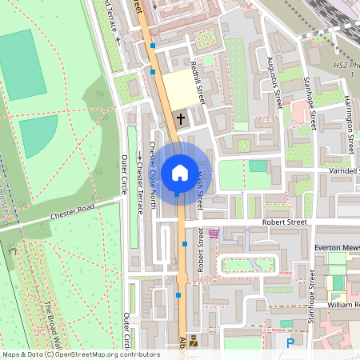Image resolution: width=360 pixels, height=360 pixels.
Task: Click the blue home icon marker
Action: coord(179,172)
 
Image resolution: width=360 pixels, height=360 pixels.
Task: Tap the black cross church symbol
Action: coord(181,119)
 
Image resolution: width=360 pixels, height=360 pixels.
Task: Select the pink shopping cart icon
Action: coord(214,234)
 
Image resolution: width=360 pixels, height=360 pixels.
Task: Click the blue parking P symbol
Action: coord(290,342)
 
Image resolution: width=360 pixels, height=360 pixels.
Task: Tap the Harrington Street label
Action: coord(349,125)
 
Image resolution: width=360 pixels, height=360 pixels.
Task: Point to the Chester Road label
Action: coord(72,211)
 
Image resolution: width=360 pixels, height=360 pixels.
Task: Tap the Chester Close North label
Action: coord(151,189)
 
